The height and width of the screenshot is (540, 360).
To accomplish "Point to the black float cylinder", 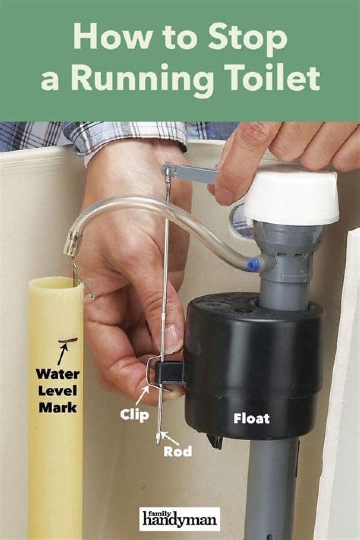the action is pyautogui.click(x=253, y=365).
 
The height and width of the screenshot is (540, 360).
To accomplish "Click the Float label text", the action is pyautogui.click(x=252, y=419).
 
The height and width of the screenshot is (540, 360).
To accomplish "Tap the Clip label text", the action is pyautogui.click(x=134, y=415).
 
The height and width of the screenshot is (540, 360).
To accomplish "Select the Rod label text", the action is pyautogui.click(x=178, y=452).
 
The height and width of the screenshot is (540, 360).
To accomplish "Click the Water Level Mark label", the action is pyautogui.click(x=58, y=391).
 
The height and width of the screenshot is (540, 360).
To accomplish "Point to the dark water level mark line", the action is pyautogui.click(x=68, y=341).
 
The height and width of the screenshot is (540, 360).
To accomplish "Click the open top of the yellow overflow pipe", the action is pyautogui.click(x=56, y=284).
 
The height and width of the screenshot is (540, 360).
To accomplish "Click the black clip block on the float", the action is pyautogui.click(x=170, y=372).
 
